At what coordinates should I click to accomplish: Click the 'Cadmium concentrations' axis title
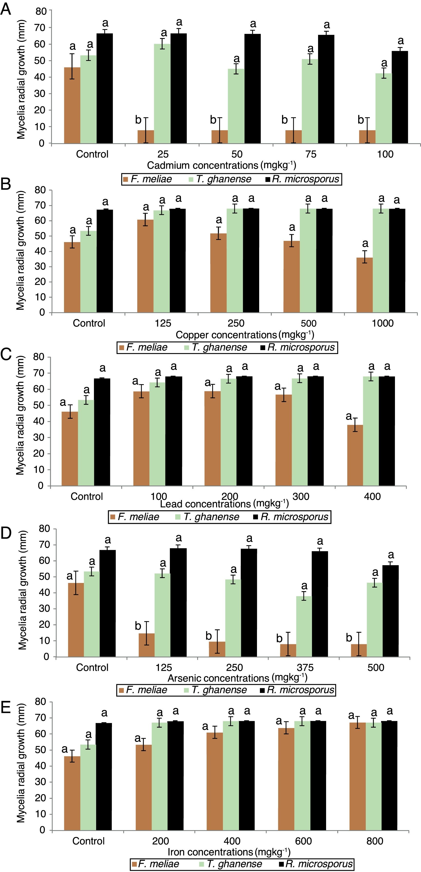coord(221,165)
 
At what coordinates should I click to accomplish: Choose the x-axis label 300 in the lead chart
coord(301,496)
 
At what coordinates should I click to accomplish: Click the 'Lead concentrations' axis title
coord(224,504)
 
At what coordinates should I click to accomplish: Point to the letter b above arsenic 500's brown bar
coord(349,638)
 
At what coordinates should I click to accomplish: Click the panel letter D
coord(6,533)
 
